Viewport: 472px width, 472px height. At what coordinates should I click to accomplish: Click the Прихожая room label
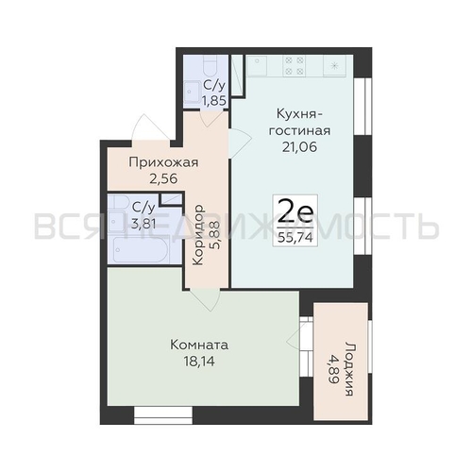click(163, 163)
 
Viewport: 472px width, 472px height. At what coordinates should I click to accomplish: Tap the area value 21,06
click(299, 147)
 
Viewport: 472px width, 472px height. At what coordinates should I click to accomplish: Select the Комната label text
click(199, 345)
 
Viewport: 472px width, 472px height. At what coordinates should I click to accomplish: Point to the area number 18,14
click(199, 362)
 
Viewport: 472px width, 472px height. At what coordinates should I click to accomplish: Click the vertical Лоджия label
click(350, 368)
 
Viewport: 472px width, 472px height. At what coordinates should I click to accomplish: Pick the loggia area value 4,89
click(333, 369)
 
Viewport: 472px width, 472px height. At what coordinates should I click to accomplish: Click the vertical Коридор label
click(198, 235)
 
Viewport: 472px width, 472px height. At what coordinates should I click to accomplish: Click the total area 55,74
click(295, 237)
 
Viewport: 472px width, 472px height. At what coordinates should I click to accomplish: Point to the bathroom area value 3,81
click(143, 224)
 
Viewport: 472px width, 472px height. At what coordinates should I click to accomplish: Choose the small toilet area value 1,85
click(214, 101)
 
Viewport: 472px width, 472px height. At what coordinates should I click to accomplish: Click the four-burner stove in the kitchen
click(294, 65)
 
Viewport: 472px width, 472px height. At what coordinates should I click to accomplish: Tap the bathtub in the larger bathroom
click(142, 250)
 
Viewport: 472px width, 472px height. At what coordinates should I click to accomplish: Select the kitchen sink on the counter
click(257, 65)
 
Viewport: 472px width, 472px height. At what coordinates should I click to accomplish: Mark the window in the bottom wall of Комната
click(163, 414)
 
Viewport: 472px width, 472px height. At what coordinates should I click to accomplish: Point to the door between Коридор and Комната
click(204, 299)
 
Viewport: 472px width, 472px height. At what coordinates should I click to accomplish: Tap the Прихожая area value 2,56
click(163, 179)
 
